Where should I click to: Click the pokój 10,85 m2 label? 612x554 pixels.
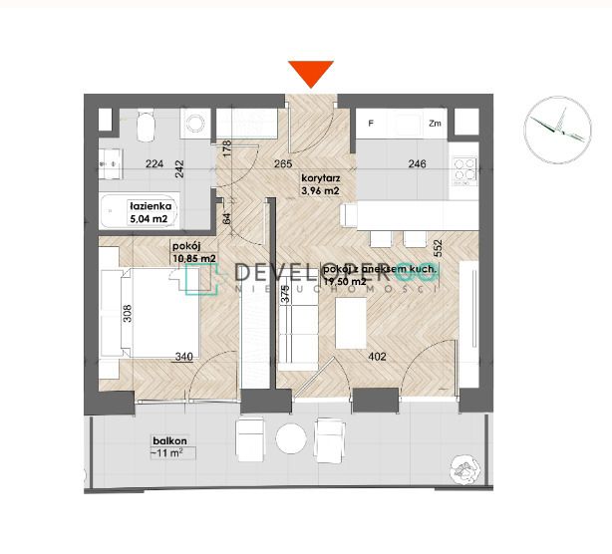pyautogui.click(x=193, y=253)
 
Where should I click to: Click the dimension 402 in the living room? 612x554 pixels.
pyautogui.click(x=378, y=356)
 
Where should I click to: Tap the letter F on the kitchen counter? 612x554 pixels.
pyautogui.click(x=370, y=124)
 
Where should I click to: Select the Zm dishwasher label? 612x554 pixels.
pyautogui.click(x=435, y=124)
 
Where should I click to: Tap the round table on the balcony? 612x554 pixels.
pyautogui.click(x=290, y=438)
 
